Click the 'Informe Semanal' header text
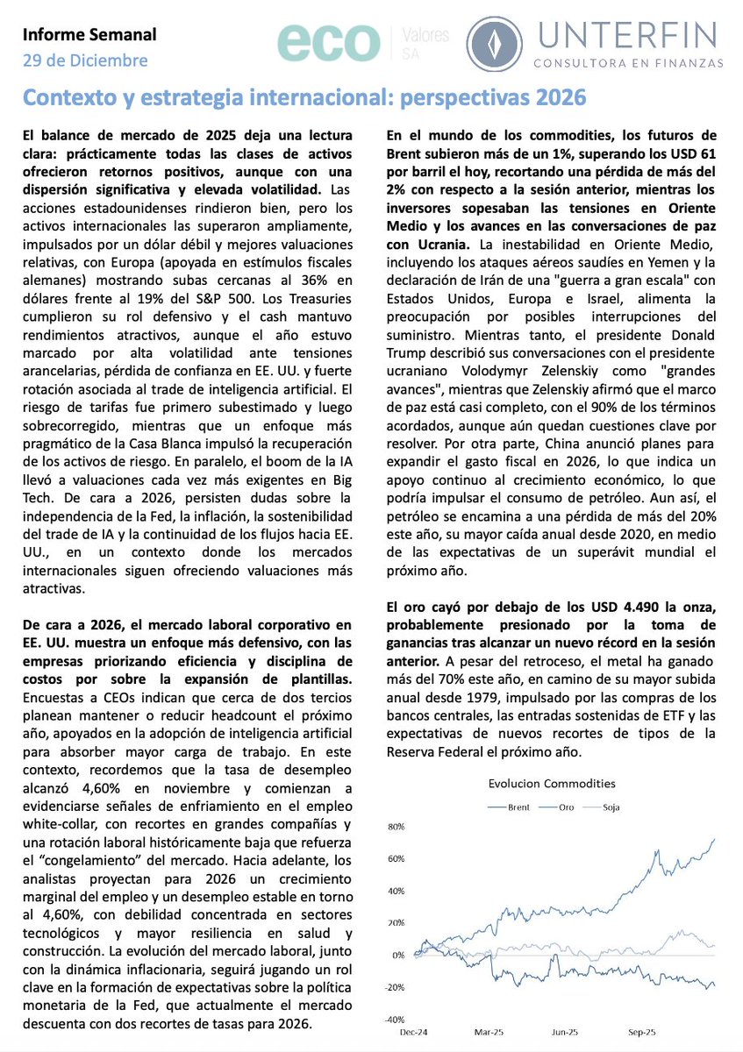pos(89,35)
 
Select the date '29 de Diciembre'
pos(85,60)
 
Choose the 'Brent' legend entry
pos(518,807)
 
